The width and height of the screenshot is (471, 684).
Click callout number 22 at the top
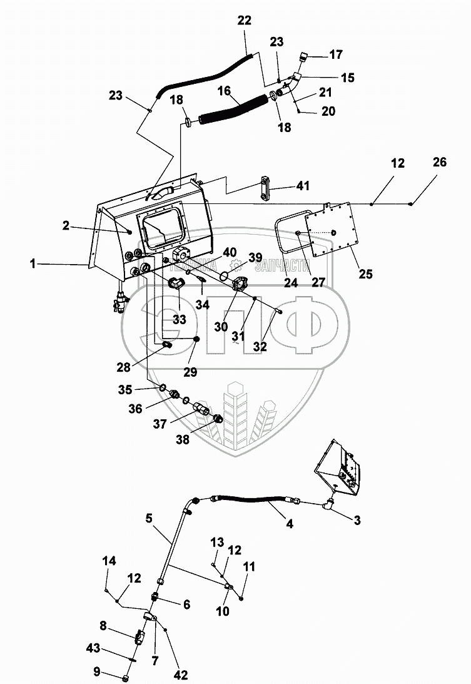tap(244, 20)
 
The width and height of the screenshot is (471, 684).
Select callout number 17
tap(336, 54)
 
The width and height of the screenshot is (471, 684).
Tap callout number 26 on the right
tap(440, 163)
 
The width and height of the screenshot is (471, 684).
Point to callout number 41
tap(304, 186)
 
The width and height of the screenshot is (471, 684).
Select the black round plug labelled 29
tap(196, 339)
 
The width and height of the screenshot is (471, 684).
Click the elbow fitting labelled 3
tap(328, 503)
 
